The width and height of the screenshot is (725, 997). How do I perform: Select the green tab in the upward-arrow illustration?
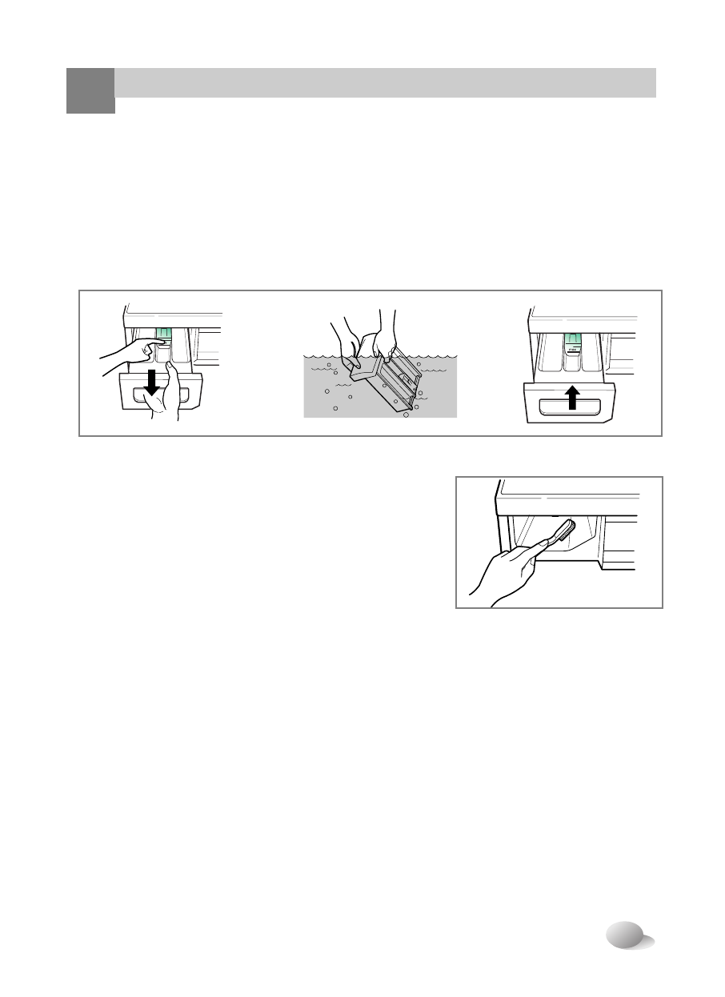[x=573, y=345]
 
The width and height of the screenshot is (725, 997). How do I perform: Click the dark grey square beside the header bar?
[x=90, y=90]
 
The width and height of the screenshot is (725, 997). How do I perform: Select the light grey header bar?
[x=384, y=82]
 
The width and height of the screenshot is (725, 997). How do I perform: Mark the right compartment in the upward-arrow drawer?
[x=592, y=356]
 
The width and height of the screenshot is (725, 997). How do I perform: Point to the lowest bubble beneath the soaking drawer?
[x=406, y=416]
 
